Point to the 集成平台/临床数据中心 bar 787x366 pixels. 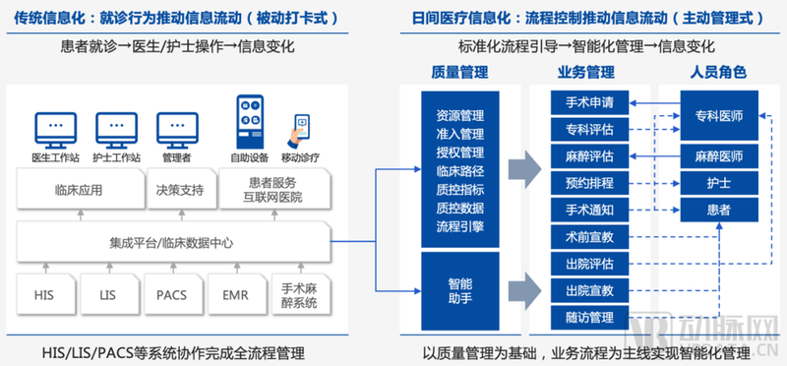point(171,241)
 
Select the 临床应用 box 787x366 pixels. point(78,190)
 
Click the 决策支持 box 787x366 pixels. point(180,190)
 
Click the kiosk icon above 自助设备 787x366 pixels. point(245,122)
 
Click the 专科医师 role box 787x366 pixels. point(718,116)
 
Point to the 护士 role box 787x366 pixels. point(718,183)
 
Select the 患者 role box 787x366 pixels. point(718,210)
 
